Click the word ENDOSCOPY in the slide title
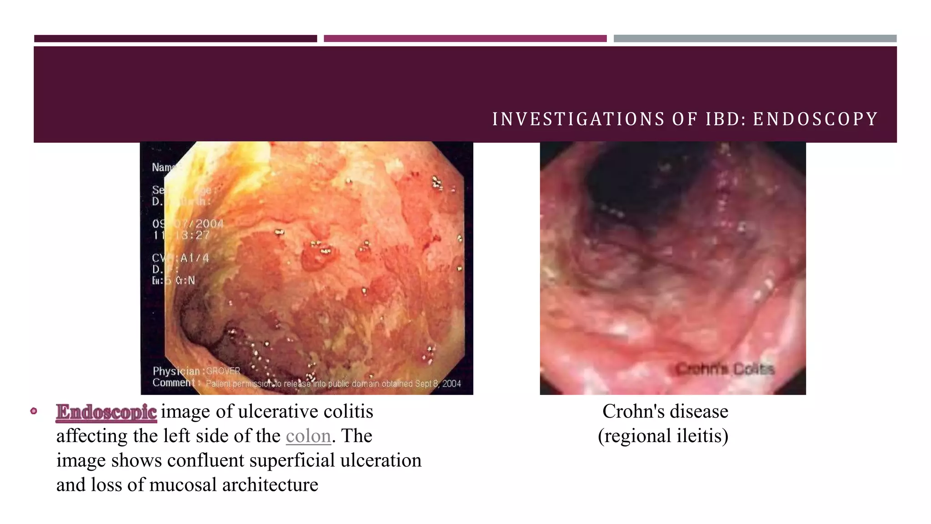click(815, 119)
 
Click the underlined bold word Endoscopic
click(106, 412)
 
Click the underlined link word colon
click(308, 436)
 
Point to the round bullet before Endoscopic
click(34, 411)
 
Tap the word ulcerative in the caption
click(278, 412)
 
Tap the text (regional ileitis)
click(663, 436)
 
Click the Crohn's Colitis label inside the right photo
click(725, 369)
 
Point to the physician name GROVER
click(223, 371)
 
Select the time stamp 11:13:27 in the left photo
click(181, 235)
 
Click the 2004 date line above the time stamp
click(188, 224)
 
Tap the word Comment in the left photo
click(174, 383)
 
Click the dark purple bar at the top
click(175, 39)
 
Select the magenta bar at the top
click(465, 39)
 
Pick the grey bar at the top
click(755, 39)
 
